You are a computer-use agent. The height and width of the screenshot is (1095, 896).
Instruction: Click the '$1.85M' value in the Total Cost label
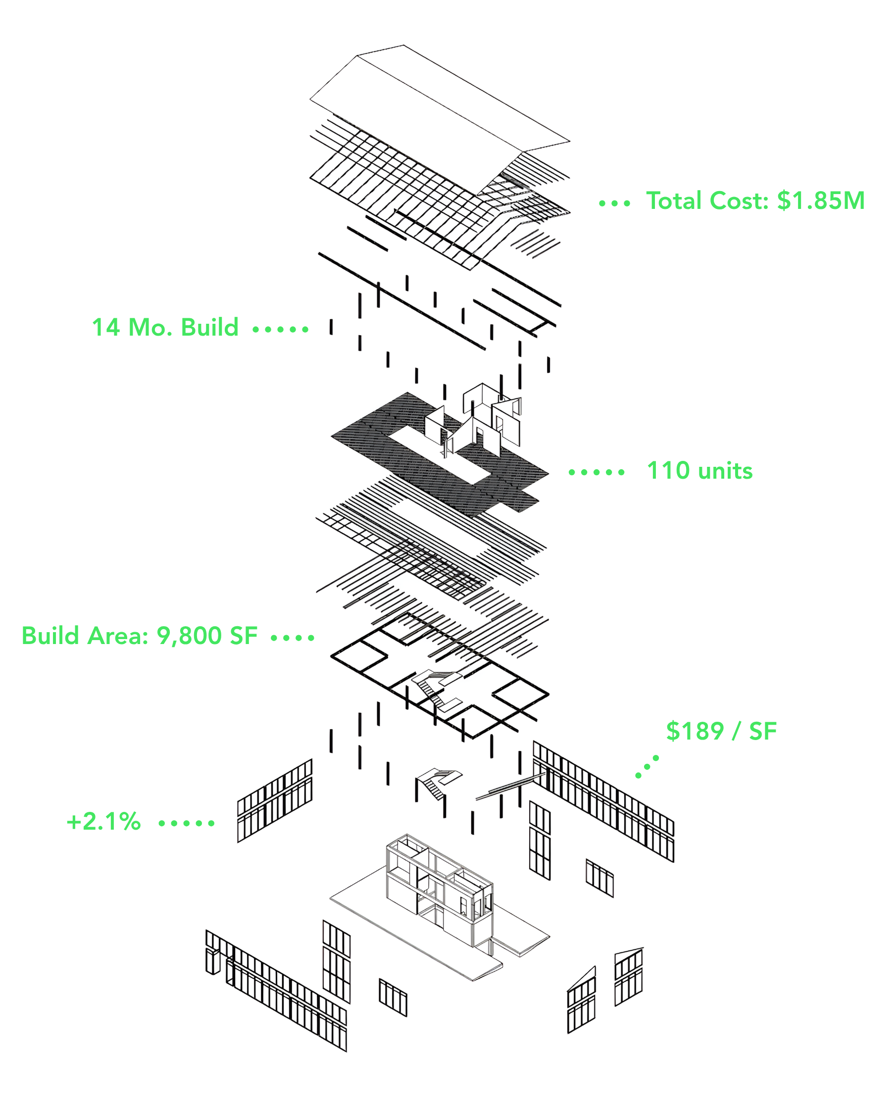[x=821, y=200]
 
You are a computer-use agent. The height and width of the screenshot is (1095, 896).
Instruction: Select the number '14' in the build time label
[x=106, y=327]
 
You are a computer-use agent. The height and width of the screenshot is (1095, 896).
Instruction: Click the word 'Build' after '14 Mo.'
[x=209, y=327]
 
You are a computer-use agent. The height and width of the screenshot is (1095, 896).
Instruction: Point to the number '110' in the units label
[x=668, y=471]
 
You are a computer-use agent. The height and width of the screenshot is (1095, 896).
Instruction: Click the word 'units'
[x=725, y=471]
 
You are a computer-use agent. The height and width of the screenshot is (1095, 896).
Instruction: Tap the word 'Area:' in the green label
[x=118, y=636]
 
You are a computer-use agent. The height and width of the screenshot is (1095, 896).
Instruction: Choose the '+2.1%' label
[x=104, y=822]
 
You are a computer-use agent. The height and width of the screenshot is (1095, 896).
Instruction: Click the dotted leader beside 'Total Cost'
[x=614, y=203]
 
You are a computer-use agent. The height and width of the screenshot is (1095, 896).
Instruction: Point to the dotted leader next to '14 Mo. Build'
[x=281, y=329]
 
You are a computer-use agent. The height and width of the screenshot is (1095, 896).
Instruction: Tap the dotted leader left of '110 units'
[x=597, y=472]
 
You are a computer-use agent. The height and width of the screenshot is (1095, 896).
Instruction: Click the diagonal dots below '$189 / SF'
[x=647, y=767]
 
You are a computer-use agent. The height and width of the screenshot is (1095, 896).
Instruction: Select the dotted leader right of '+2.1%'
[x=186, y=823]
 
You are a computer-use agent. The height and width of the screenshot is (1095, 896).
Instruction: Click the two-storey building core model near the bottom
[x=439, y=888]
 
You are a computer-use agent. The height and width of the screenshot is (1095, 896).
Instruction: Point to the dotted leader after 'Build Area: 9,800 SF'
[x=293, y=638]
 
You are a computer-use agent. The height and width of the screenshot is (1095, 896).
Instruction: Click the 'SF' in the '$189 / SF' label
[x=763, y=731]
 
